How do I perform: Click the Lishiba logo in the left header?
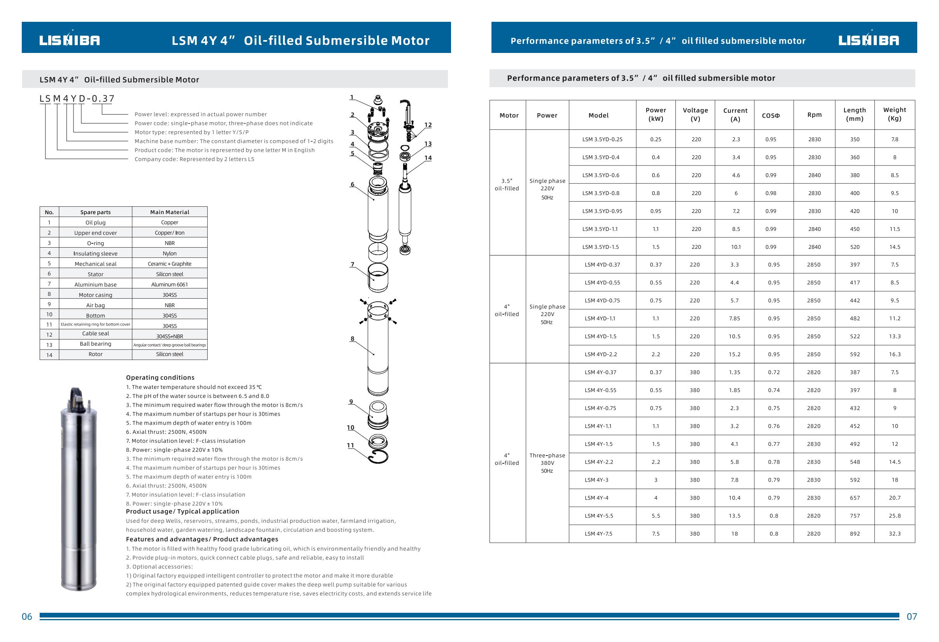pyautogui.click(x=70, y=40)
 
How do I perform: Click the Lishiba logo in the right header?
pyautogui.click(x=869, y=40)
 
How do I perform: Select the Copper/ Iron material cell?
pyautogui.click(x=169, y=232)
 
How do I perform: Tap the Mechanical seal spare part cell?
pyautogui.click(x=95, y=264)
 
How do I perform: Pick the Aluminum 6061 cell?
pyautogui.click(x=169, y=284)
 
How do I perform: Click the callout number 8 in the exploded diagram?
pyautogui.click(x=352, y=339)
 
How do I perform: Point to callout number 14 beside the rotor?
pyautogui.click(x=428, y=158)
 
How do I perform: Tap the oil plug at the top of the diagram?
pyautogui.click(x=378, y=100)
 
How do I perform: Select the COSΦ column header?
pyautogui.click(x=771, y=115)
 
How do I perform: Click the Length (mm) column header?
pyautogui.click(x=855, y=114)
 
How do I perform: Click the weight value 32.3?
pyautogui.click(x=895, y=534)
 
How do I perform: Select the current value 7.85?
pyautogui.click(x=734, y=318)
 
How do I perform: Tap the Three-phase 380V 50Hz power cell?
pyautogui.click(x=547, y=463)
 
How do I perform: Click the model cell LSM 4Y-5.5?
pyautogui.click(x=598, y=516)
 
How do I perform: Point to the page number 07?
pyautogui.click(x=912, y=617)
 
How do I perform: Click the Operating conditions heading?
pyautogui.click(x=160, y=377)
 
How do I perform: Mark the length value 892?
pyautogui.click(x=855, y=534)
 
